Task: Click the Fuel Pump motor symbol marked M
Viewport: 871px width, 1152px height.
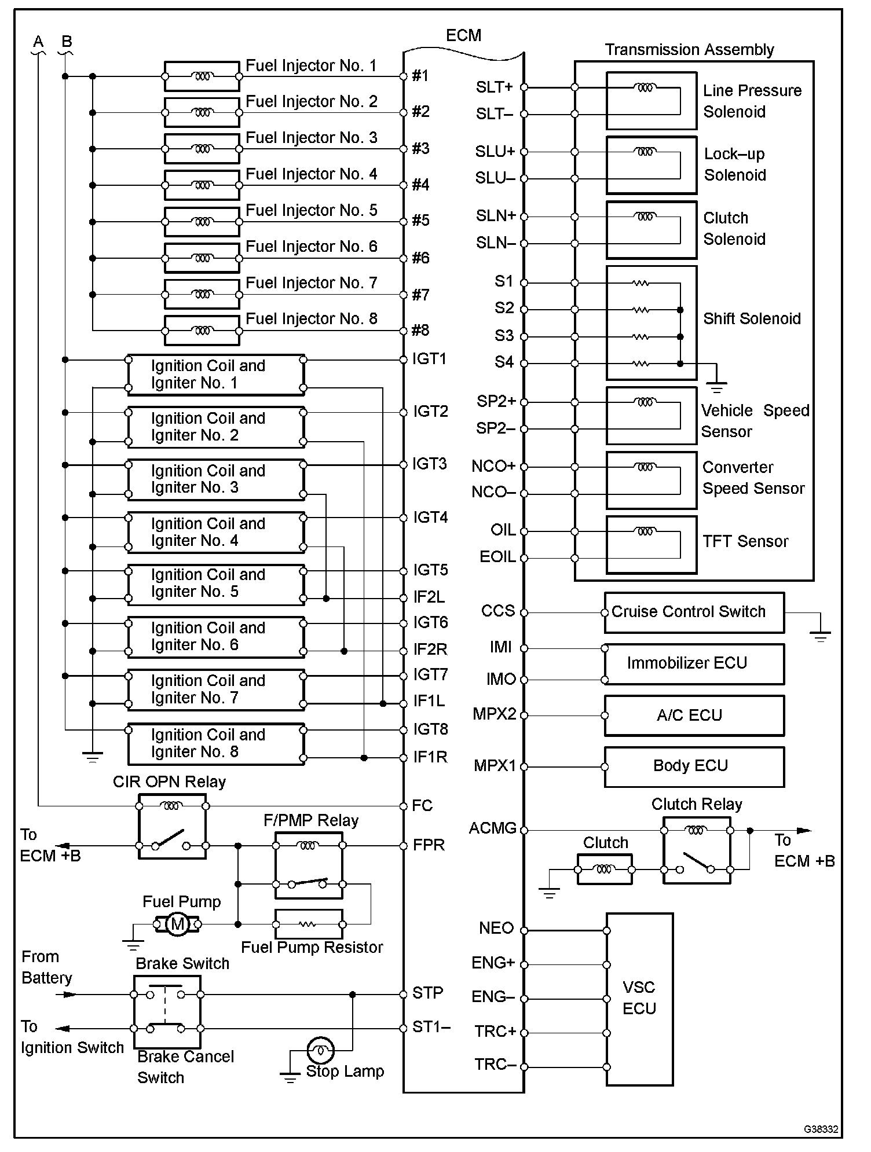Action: (178, 924)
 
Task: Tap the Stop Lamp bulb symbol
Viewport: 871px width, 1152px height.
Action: (320, 1049)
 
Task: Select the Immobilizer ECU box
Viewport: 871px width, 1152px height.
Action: (694, 664)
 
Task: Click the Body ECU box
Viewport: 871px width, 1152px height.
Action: (694, 766)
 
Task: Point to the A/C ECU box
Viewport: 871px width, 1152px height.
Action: (694, 716)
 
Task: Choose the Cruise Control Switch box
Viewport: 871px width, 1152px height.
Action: (694, 612)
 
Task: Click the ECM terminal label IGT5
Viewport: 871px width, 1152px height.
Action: (430, 570)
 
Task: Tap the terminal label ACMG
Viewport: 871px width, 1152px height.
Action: (492, 828)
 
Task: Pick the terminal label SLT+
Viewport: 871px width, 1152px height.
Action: (494, 87)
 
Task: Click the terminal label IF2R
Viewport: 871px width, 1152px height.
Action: (430, 650)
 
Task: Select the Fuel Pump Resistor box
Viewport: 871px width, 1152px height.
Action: (308, 924)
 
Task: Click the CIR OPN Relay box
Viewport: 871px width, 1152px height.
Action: (172, 826)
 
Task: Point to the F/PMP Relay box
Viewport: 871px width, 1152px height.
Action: (308, 865)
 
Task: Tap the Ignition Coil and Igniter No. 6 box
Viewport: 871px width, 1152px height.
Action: (215, 637)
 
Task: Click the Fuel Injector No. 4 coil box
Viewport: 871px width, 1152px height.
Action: (202, 185)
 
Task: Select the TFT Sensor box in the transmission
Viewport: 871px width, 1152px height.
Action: (651, 544)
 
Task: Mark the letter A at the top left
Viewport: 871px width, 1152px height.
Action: (38, 42)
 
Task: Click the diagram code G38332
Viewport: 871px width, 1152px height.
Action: (821, 1129)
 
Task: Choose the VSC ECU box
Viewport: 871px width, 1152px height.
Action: (639, 999)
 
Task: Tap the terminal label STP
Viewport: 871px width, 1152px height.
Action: (427, 993)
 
